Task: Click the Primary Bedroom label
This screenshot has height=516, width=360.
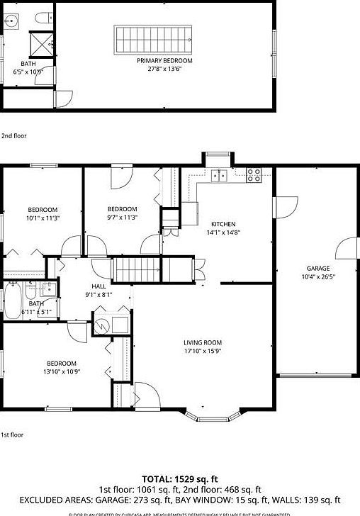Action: click(164, 61)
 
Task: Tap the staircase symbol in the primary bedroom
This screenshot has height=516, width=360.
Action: click(154, 38)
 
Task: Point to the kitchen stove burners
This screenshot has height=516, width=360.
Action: click(254, 175)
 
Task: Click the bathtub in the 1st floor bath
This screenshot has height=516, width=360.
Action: click(13, 299)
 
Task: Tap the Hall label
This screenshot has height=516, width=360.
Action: click(99, 286)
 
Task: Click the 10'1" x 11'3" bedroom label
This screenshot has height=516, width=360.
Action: click(43, 210)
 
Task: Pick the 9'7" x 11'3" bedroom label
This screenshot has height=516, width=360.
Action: click(122, 208)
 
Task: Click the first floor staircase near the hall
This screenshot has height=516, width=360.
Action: click(140, 271)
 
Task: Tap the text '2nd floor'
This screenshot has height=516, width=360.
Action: click(15, 135)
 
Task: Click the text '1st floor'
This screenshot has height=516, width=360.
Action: click(13, 434)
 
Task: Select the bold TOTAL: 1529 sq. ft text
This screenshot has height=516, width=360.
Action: click(180, 478)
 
